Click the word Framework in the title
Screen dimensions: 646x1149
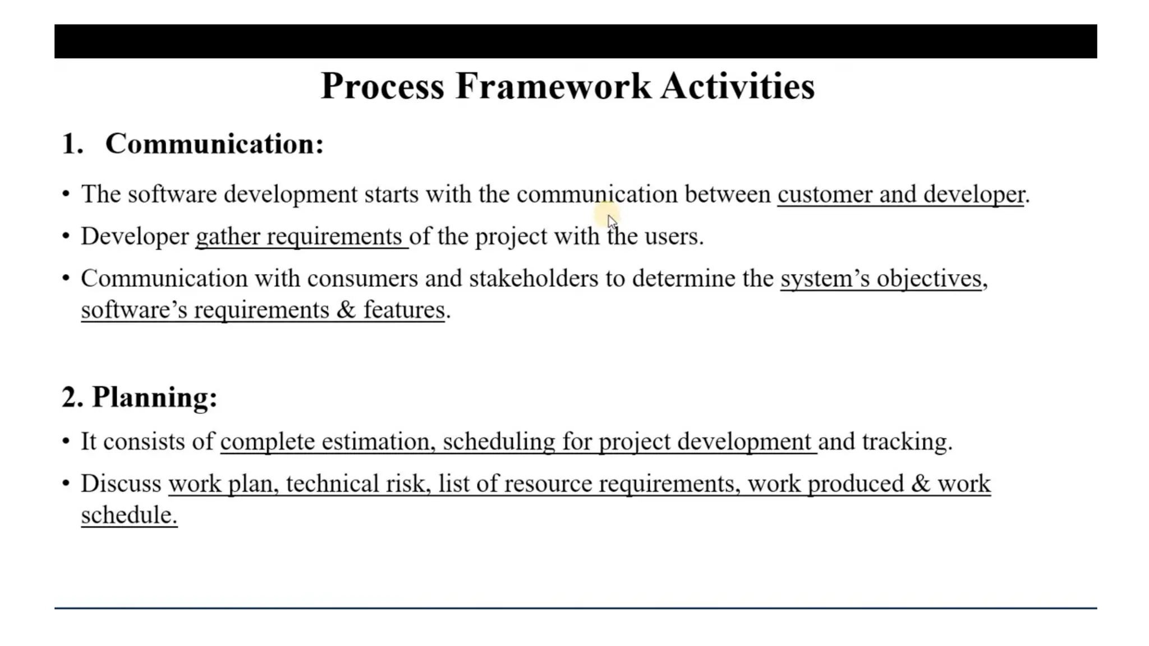pos(553,86)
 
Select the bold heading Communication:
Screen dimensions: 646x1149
pos(214,144)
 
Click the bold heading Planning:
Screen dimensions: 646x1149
pos(154,397)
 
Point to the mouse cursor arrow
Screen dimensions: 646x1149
pos(612,221)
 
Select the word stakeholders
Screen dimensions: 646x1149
pos(534,279)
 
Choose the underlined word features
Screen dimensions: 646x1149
pos(405,310)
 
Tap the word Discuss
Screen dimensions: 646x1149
pos(121,484)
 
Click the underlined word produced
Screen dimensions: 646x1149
pos(856,484)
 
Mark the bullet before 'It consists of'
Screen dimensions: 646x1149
pos(66,441)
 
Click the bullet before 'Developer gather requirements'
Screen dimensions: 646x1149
pos(66,236)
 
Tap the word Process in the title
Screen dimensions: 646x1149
pos(383,86)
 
